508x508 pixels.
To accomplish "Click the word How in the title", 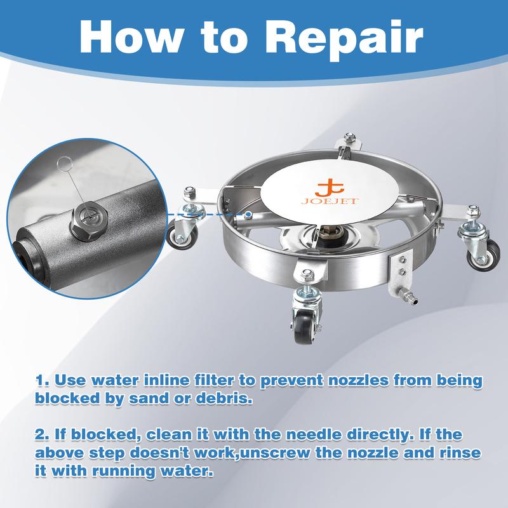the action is (131, 36).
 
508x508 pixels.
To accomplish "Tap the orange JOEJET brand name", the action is (330, 201).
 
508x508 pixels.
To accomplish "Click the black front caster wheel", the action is (305, 327).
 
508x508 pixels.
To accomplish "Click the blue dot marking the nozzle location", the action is (248, 214).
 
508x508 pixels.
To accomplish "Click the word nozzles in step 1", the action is (359, 380).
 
